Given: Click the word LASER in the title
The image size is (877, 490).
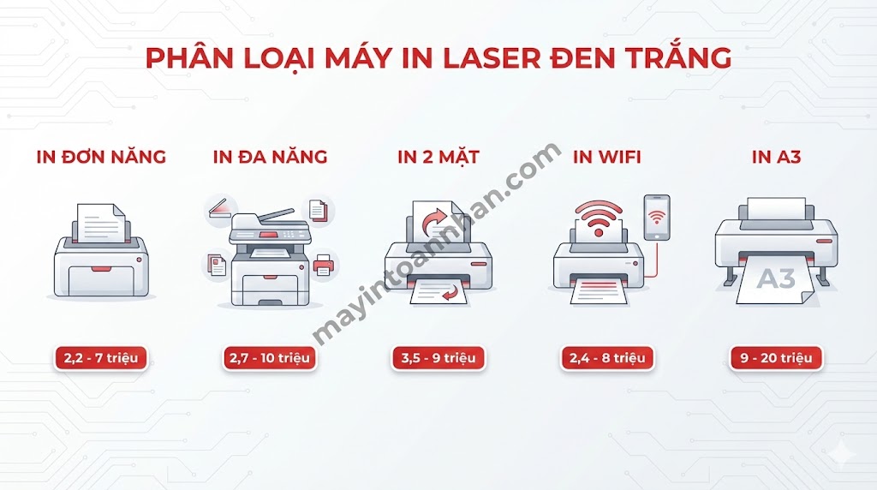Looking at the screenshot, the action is (x=486, y=58).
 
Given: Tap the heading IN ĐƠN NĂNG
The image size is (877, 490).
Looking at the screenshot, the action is (x=101, y=157).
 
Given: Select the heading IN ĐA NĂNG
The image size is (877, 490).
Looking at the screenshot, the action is (x=270, y=157).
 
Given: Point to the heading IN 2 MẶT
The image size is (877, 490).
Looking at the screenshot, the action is (x=438, y=157).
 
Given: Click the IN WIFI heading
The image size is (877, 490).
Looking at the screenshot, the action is (x=607, y=157).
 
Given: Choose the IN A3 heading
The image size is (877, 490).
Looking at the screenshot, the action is (x=776, y=157).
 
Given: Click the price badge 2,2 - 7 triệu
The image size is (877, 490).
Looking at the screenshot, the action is (x=101, y=358).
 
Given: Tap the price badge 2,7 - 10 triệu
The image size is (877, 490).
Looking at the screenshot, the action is (x=270, y=358).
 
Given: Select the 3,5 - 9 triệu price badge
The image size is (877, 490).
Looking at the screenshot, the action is (x=438, y=358).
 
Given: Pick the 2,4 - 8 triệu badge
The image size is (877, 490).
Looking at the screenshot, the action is (x=607, y=358).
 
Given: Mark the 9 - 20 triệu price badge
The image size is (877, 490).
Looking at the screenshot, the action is (x=776, y=358).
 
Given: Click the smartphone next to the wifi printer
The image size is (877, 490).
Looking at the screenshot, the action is (x=657, y=218).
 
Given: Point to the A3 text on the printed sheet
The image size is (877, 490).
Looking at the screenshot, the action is (x=776, y=278).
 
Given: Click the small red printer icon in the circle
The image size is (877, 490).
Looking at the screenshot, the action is (x=323, y=266).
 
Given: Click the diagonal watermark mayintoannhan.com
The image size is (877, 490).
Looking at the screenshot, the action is (x=435, y=244).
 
